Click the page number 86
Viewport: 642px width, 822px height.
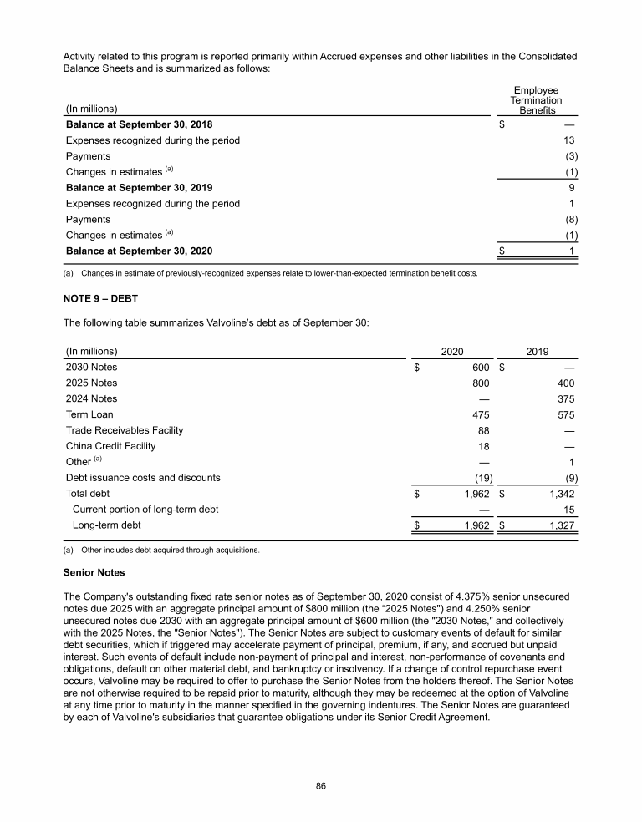pyautogui.click(x=320, y=786)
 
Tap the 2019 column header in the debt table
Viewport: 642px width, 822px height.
pyautogui.click(x=537, y=352)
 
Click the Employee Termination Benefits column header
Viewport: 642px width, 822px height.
pyautogui.click(x=536, y=100)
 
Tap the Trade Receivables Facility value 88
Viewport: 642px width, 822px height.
pyautogui.click(x=483, y=430)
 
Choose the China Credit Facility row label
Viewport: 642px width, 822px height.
pyautogui.click(x=110, y=446)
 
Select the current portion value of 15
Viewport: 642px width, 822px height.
pyautogui.click(x=568, y=510)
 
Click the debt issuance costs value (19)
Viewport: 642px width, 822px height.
pyautogui.click(x=480, y=478)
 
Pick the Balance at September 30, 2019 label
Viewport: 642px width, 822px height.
pyautogui.click(x=139, y=188)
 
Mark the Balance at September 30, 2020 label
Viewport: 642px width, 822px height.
pyautogui.click(x=139, y=251)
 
